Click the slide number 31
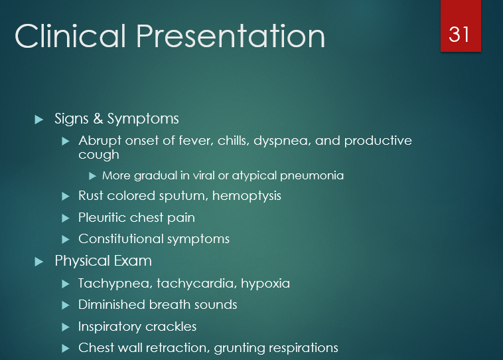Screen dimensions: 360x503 point(459,33)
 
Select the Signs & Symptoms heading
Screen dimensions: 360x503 point(117,119)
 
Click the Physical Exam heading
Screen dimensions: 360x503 point(103,261)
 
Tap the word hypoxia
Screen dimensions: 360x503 point(265,284)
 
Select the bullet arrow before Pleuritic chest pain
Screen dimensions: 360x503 point(65,218)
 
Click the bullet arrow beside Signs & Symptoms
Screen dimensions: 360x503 point(38,120)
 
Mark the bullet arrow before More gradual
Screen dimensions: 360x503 point(93,176)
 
